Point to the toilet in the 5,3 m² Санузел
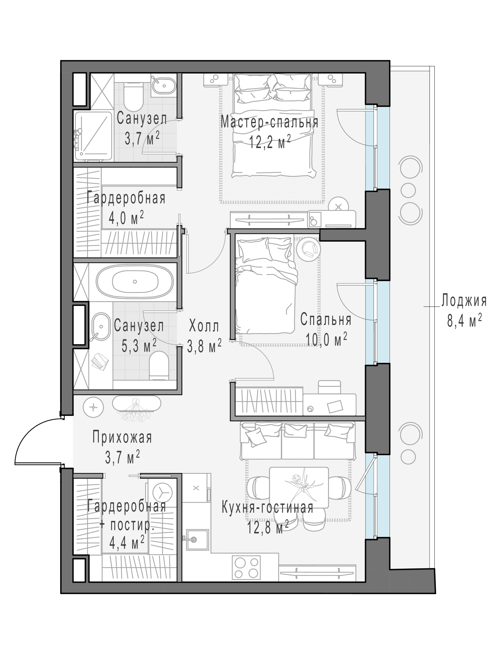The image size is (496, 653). point(159,365)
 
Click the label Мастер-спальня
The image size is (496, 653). point(270,122)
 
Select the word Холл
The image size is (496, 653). point(204,326)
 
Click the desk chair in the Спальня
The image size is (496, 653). point(329,387)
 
